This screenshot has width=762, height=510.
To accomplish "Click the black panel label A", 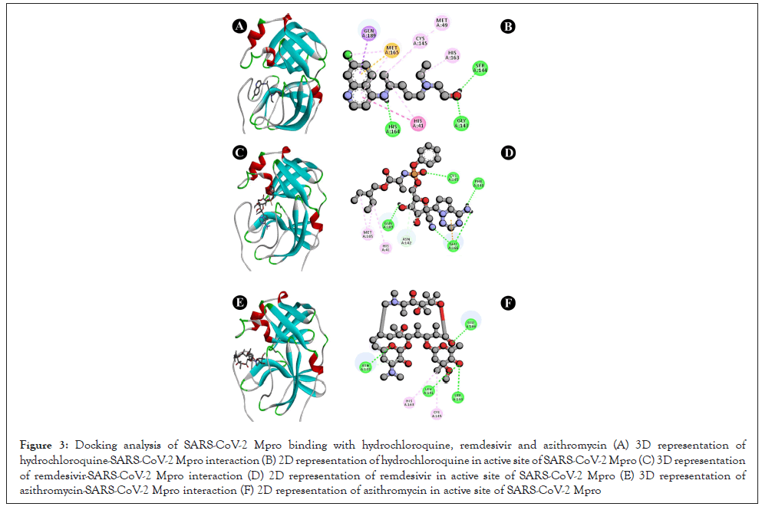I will coord(240,27).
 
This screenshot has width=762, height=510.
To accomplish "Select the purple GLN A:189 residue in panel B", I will coord(368,31).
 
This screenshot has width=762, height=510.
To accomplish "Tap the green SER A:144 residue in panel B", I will coord(480,67).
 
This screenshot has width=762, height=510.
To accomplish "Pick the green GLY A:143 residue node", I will coord(460,123).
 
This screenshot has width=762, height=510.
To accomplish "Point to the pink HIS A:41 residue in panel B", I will coord(418,122).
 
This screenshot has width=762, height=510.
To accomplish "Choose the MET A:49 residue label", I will coord(442,23).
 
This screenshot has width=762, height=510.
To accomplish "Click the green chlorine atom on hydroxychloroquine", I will coord(348,55).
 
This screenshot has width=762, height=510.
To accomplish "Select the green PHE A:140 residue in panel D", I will coord(478,183).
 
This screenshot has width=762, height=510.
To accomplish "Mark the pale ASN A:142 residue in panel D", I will coord(407,242).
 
